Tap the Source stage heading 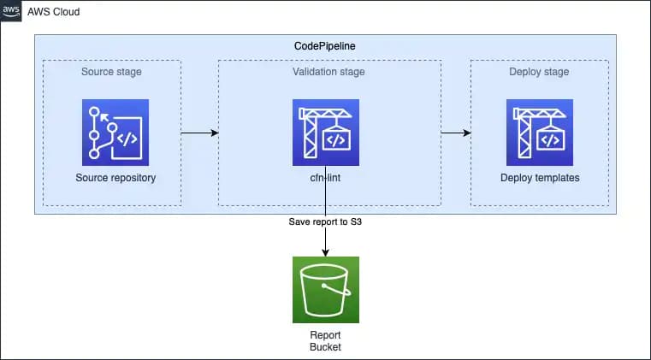tap(111, 72)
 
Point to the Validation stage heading tap(328, 72)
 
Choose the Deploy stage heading tap(540, 72)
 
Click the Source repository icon tap(115, 132)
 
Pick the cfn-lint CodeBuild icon tap(326, 132)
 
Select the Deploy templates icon tap(540, 132)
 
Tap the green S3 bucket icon tap(326, 289)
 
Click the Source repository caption tap(115, 178)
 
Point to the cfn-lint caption tap(326, 178)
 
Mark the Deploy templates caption tap(540, 178)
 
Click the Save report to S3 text tap(326, 222)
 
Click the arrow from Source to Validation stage tap(200, 133)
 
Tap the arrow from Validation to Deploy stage tap(456, 133)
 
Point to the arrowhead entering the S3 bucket tap(326, 251)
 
